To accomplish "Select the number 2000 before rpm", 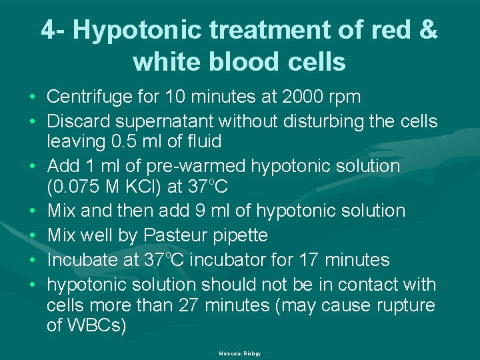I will (296, 97).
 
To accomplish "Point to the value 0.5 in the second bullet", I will (129, 141).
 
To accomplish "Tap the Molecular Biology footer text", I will (239, 353).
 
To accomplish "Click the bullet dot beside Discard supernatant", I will (33, 122).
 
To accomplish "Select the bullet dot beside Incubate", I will (33, 260).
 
